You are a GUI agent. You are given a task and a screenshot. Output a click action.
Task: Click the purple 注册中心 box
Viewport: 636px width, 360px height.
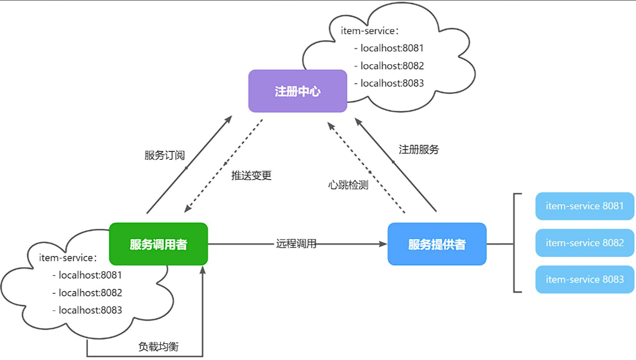click(297, 91)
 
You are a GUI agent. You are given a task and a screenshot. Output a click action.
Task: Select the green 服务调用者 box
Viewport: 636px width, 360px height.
click(158, 244)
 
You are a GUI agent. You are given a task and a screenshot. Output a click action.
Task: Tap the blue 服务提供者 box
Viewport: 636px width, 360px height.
click(437, 244)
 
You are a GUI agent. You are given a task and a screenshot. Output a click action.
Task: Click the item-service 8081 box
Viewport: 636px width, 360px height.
click(585, 206)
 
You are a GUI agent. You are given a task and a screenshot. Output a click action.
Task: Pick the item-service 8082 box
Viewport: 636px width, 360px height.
click(585, 243)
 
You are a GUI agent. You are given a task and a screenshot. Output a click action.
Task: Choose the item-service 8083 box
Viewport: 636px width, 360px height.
click(585, 279)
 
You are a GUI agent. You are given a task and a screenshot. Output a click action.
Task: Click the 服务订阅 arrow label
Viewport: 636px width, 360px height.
click(165, 155)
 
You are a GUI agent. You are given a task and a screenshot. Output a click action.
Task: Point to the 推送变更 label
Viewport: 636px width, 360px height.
click(252, 175)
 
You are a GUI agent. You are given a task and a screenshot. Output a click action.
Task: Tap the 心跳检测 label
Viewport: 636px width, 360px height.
click(348, 185)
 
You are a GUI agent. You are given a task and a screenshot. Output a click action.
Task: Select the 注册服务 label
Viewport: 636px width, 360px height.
click(419, 150)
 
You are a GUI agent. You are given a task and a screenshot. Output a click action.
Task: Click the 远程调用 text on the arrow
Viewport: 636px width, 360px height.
click(296, 244)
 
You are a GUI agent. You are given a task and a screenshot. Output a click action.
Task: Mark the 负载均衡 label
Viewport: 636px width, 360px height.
click(158, 346)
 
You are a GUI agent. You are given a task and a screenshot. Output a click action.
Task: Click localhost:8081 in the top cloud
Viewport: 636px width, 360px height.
click(392, 48)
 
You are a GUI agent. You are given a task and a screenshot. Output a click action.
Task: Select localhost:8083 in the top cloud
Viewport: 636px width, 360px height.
click(392, 83)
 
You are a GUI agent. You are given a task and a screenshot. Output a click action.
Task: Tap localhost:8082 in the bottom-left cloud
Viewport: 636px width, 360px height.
click(90, 292)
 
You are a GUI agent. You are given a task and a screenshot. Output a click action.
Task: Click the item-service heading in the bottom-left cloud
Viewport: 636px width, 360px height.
click(68, 258)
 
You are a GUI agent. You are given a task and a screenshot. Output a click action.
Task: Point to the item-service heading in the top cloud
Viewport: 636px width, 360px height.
click(369, 31)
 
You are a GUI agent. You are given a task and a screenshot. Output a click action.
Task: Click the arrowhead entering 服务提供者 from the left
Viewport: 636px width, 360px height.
click(383, 244)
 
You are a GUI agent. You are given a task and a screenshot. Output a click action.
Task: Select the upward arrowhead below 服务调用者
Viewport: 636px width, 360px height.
click(203, 270)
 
